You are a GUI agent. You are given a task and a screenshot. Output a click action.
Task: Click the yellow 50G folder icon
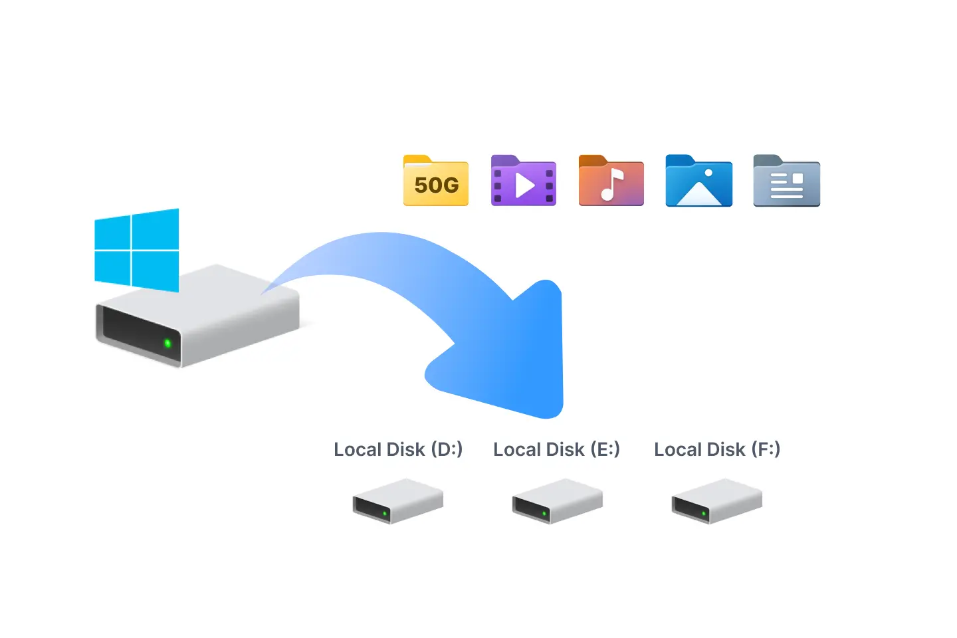point(436,180)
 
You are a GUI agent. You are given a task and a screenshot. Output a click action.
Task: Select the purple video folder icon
point(523,180)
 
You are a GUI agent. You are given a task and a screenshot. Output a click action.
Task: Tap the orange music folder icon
point(611,180)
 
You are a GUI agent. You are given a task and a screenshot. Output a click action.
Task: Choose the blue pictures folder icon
point(698,180)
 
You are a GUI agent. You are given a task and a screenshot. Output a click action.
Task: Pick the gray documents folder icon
point(786,180)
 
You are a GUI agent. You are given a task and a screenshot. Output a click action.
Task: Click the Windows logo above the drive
point(137,250)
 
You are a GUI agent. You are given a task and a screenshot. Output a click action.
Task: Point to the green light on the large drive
point(167,344)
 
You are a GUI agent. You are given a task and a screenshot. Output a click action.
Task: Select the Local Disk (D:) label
point(397,449)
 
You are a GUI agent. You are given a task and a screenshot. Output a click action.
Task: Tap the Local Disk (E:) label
point(556,449)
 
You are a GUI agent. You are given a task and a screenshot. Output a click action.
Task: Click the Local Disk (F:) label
point(716,449)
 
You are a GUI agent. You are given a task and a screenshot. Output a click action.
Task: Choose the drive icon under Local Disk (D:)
point(397,501)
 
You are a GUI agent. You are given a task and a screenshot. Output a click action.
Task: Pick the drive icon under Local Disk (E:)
point(557,501)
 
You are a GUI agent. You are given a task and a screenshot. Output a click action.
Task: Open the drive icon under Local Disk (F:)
point(716,501)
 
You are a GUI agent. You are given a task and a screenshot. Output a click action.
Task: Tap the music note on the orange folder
point(611,185)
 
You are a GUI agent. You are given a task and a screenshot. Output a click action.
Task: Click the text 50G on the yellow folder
point(436,185)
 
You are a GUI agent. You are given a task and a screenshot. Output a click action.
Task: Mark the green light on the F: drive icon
point(704,514)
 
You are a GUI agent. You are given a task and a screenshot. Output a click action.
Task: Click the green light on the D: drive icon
point(385,514)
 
